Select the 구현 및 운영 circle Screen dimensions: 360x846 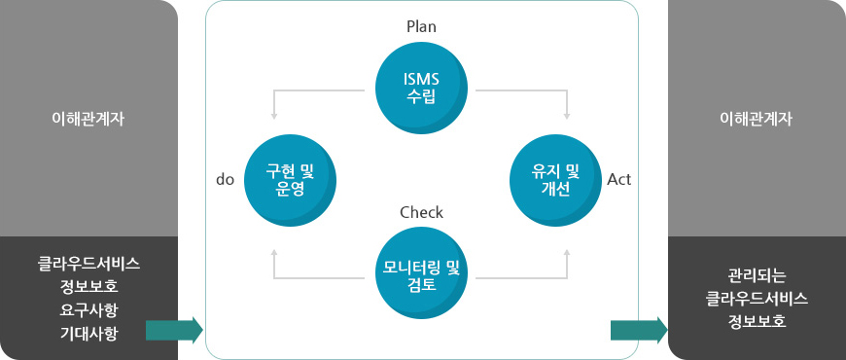coord(285,179)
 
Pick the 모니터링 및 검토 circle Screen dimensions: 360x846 coord(422,273)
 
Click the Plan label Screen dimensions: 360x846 coord(421,26)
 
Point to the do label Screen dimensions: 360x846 coord(225,180)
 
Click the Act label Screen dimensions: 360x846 coord(619,180)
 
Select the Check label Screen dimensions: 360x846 coord(421,211)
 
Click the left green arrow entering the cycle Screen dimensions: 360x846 coord(174,330)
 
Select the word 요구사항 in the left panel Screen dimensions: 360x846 coord(88,310)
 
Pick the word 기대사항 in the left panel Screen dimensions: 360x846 coord(88,334)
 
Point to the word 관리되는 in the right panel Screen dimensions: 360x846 coord(756,274)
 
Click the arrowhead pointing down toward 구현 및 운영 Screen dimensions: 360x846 coord(275,117)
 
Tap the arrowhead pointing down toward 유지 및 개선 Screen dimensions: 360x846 coord(567,117)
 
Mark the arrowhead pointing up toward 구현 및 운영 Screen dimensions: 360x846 coord(275,251)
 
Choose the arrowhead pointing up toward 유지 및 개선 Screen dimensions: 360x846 coord(567,251)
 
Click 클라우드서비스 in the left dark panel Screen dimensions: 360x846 coord(88,263)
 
